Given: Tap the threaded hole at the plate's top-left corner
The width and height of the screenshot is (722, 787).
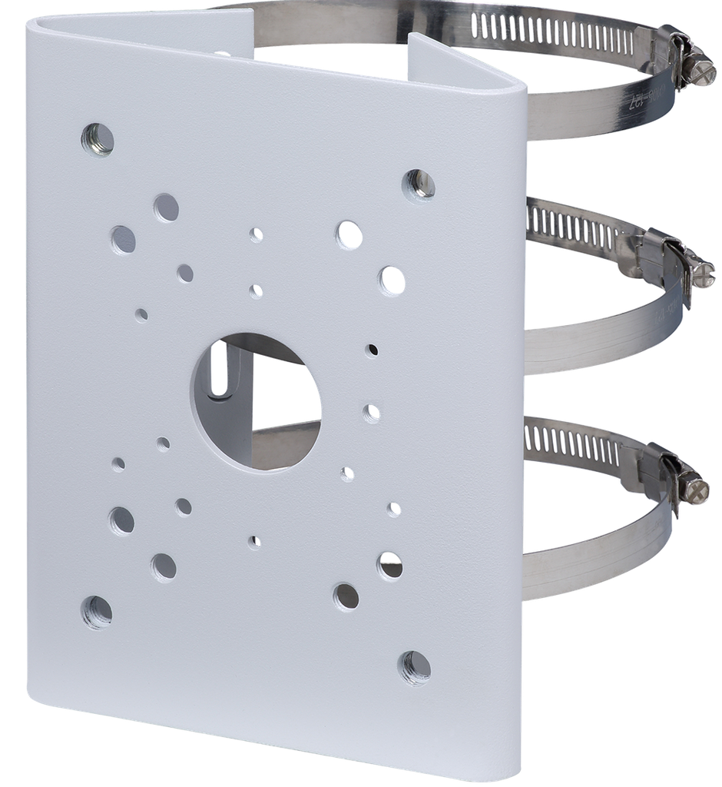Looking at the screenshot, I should point(98,139).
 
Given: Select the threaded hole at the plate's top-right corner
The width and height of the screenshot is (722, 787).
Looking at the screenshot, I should point(419,184).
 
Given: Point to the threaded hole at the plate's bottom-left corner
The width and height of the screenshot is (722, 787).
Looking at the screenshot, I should point(97,612).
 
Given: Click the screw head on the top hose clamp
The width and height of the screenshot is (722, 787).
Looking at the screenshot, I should point(703,72).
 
